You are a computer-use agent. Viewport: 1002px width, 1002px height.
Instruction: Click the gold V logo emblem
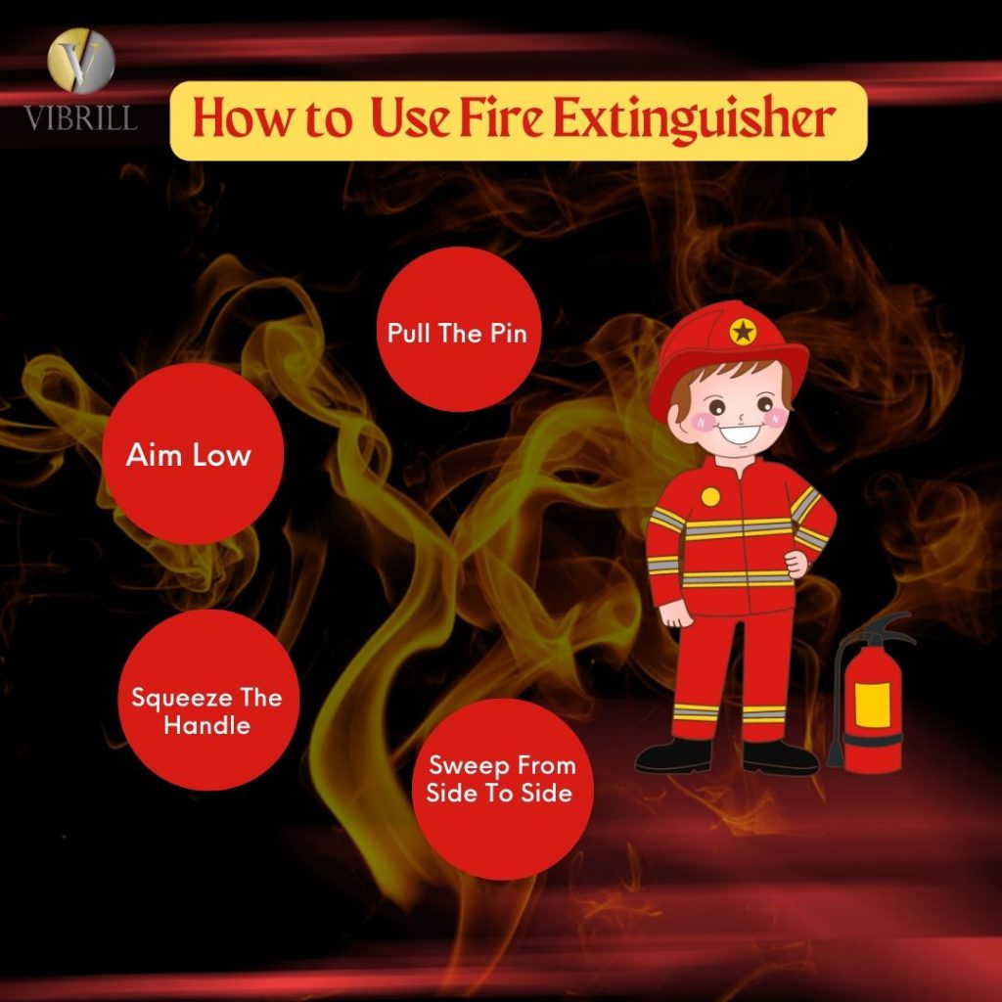(81, 62)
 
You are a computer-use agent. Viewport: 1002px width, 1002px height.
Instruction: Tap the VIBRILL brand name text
(81, 117)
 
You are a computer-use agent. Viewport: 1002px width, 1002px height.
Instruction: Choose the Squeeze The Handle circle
(207, 700)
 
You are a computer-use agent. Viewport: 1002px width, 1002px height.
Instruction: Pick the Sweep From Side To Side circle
(502, 789)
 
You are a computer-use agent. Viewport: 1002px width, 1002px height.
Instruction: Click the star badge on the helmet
(743, 333)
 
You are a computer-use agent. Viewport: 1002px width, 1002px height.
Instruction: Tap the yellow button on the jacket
(710, 496)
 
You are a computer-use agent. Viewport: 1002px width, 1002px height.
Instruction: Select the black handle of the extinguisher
(886, 626)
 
